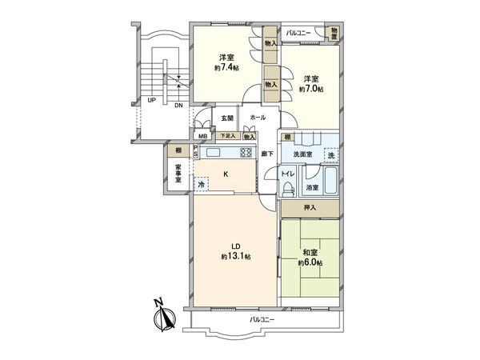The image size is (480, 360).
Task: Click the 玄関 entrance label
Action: point(227,118)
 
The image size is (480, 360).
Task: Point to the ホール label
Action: point(258,117)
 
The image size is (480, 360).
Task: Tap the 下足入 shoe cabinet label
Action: point(229,137)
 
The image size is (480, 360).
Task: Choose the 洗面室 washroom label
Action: point(302,153)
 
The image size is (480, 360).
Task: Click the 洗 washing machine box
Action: point(329,153)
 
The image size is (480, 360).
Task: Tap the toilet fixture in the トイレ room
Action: point(286,187)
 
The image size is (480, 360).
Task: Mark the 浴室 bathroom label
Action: point(312,188)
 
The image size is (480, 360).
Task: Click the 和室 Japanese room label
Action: point(308,252)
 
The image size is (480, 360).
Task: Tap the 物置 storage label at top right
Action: point(334,33)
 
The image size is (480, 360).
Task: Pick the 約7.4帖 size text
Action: point(226,69)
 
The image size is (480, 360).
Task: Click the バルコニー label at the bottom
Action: point(262,318)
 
